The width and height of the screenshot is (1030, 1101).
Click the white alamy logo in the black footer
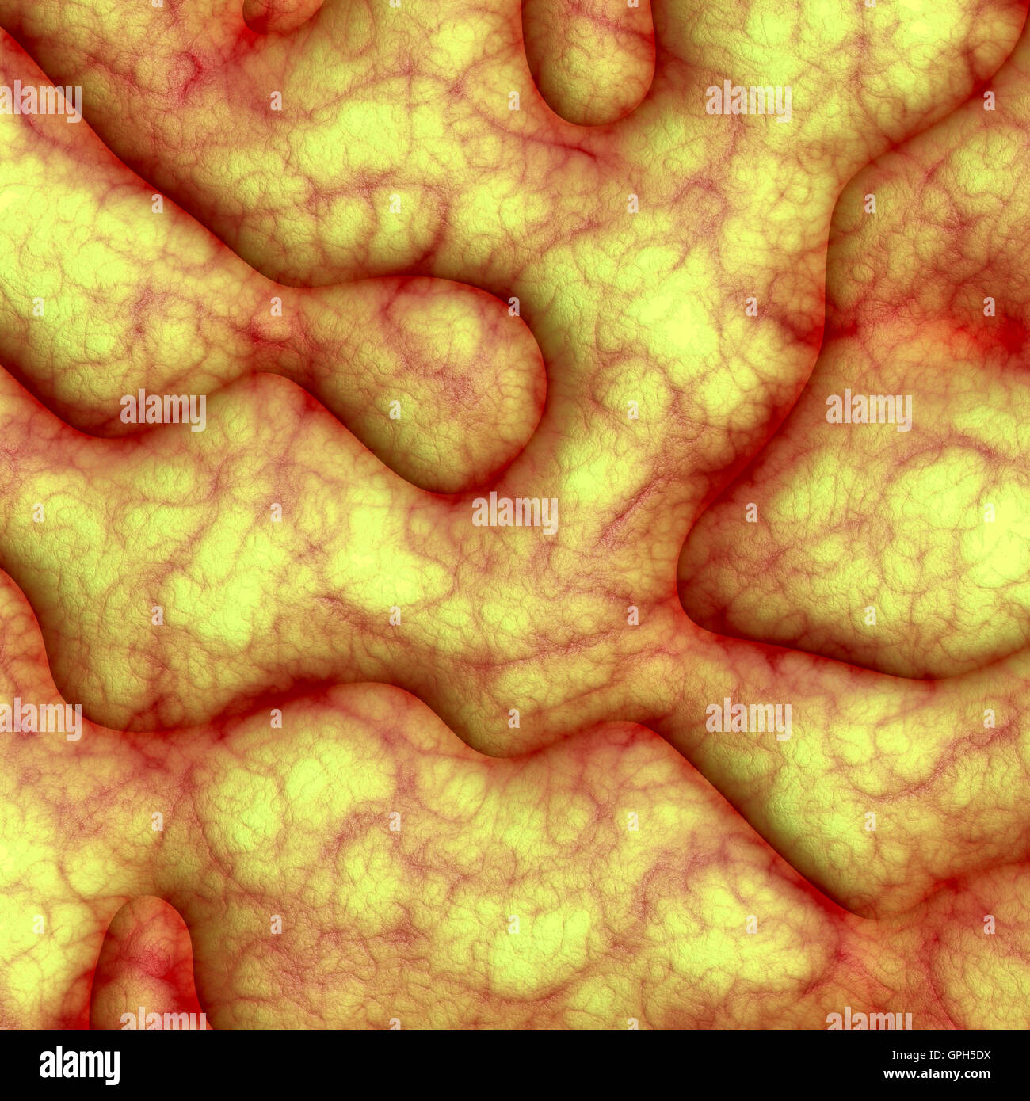tap(79, 1065)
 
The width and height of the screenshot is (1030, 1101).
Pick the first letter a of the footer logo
tap(46, 1066)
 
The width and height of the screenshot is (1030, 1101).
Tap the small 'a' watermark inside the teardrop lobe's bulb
tap(395, 410)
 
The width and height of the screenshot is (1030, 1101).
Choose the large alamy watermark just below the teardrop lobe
tap(515, 513)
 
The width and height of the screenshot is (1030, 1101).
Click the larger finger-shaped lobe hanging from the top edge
tap(590, 59)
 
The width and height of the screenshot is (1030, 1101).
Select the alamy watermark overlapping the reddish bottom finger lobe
tap(162, 1020)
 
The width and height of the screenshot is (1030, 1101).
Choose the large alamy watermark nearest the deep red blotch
tap(869, 410)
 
